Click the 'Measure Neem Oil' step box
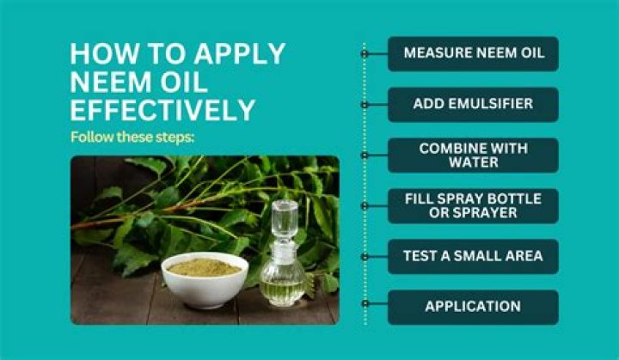(x=473, y=53)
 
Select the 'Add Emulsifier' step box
(x=473, y=105)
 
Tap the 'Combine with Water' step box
(x=473, y=156)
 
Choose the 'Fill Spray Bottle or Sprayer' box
(x=473, y=205)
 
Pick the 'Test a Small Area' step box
(x=473, y=256)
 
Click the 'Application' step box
(x=473, y=307)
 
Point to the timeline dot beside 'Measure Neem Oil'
(x=365, y=54)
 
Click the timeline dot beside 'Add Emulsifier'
(x=365, y=105)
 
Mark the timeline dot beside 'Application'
(x=365, y=303)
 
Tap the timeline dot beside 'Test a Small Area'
(x=365, y=257)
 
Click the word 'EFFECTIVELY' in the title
(x=162, y=110)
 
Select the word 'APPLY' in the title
(x=239, y=53)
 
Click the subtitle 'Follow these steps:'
(x=132, y=137)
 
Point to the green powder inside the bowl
(x=204, y=267)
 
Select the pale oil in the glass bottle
(x=282, y=291)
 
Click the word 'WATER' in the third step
(x=474, y=162)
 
